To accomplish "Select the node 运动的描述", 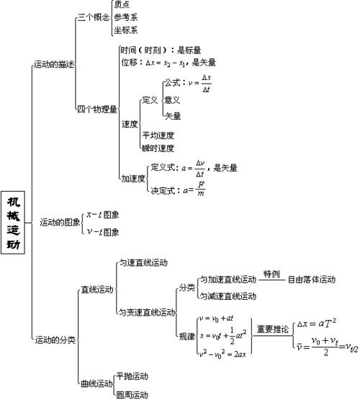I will (54, 65).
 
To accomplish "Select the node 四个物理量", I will (97, 109).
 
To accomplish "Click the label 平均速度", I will (158, 135).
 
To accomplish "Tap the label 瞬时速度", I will (158, 148).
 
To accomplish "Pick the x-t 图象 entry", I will (103, 215).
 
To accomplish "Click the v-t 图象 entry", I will (103, 232).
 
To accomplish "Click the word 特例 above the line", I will (271, 274).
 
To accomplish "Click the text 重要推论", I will (274, 329).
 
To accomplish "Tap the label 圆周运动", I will (132, 394).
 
